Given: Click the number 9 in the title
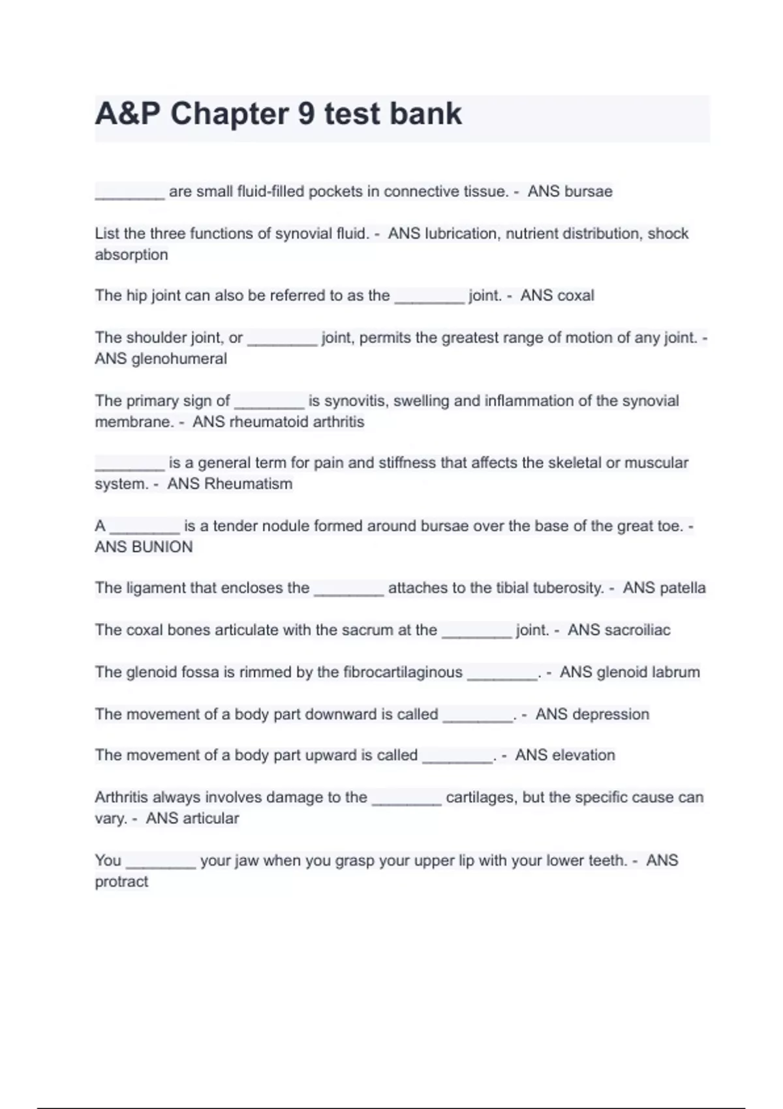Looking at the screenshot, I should [306, 114].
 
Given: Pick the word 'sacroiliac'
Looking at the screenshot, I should [637, 630].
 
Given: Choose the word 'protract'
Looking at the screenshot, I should [121, 882].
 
